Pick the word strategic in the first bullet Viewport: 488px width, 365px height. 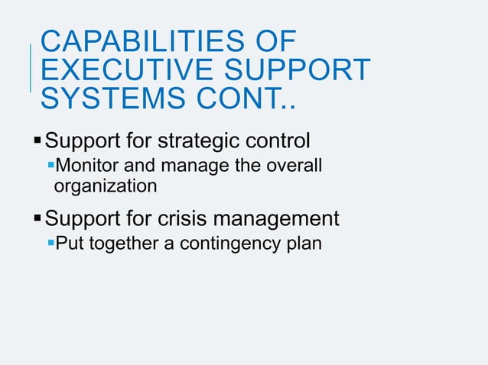tap(200, 141)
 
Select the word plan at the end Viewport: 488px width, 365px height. tap(305, 244)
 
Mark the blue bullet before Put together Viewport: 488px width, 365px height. tap(51, 244)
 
